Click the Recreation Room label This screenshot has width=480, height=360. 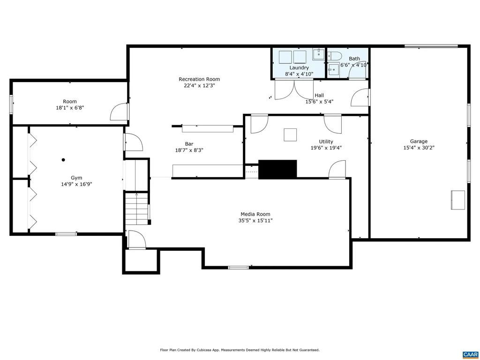(x=199, y=79)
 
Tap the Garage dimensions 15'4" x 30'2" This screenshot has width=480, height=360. (x=419, y=148)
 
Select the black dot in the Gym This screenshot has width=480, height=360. (x=63, y=160)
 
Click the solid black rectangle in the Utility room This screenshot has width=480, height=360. (x=277, y=169)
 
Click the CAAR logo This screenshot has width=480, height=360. (x=470, y=354)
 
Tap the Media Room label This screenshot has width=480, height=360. (x=255, y=214)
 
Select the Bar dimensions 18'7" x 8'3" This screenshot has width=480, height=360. (x=189, y=150)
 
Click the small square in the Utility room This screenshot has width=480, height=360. (x=290, y=135)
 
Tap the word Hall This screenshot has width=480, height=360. (x=319, y=95)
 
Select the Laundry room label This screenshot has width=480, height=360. (x=299, y=68)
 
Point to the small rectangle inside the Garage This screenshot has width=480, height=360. (x=457, y=200)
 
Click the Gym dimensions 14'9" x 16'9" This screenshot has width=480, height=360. (x=76, y=184)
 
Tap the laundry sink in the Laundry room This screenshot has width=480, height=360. (x=319, y=53)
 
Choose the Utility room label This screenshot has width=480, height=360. (x=326, y=142)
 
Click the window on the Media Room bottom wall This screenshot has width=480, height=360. (x=238, y=268)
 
